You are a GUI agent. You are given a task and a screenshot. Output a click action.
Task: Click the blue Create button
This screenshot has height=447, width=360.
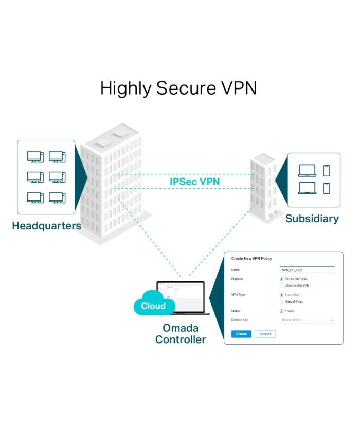pyautogui.click(x=241, y=334)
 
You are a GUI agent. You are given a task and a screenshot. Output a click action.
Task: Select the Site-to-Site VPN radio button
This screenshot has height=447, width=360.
pyautogui.click(x=281, y=279)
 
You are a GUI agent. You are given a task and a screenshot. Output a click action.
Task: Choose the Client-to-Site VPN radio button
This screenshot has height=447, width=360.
pyautogui.click(x=281, y=285)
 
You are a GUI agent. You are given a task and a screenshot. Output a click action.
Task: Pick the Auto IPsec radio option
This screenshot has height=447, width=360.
pyautogui.click(x=281, y=295)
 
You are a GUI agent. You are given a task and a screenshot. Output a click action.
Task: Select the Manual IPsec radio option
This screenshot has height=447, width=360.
pyautogui.click(x=281, y=302)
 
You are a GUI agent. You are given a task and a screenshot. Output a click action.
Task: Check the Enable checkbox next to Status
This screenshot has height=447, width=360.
pyautogui.click(x=281, y=311)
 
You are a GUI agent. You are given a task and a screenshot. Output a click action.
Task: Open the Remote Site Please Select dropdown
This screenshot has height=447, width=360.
pyautogui.click(x=307, y=320)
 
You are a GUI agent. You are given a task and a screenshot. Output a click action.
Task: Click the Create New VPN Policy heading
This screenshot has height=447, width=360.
pyautogui.click(x=251, y=258)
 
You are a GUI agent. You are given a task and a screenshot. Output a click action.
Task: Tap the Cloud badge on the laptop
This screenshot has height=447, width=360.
pyautogui.click(x=153, y=306)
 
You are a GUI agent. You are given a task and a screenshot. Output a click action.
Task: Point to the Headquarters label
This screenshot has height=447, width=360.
pyautogui.click(x=46, y=226)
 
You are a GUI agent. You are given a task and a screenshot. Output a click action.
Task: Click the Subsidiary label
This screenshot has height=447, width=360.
pyautogui.click(x=312, y=219)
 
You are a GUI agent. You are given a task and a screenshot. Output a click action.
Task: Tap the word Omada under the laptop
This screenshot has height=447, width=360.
pyautogui.click(x=181, y=328)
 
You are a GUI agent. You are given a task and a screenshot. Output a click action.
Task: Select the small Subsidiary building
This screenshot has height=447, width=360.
pyautogui.click(x=263, y=187)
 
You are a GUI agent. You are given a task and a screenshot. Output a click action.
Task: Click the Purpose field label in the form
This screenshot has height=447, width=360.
pyautogui.click(x=238, y=279)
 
